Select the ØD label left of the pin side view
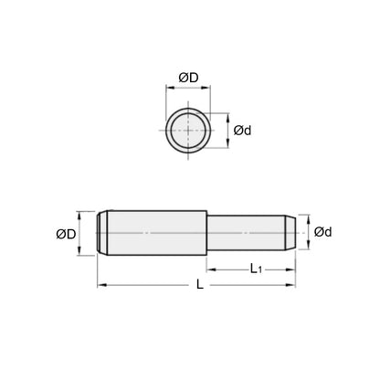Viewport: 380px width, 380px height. [x=67, y=235]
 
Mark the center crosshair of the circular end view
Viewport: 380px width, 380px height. [x=187, y=130]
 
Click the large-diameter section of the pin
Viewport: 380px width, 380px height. [x=155, y=234]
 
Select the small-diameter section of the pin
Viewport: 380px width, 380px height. [x=247, y=234]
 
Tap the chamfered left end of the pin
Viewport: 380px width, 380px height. [x=101, y=234]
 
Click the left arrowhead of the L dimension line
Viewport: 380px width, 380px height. [x=100, y=287]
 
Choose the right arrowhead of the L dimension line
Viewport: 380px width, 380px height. [x=295, y=287]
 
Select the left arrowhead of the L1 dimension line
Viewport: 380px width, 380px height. [x=208, y=269]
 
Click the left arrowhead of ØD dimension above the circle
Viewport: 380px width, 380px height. [x=167, y=90]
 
